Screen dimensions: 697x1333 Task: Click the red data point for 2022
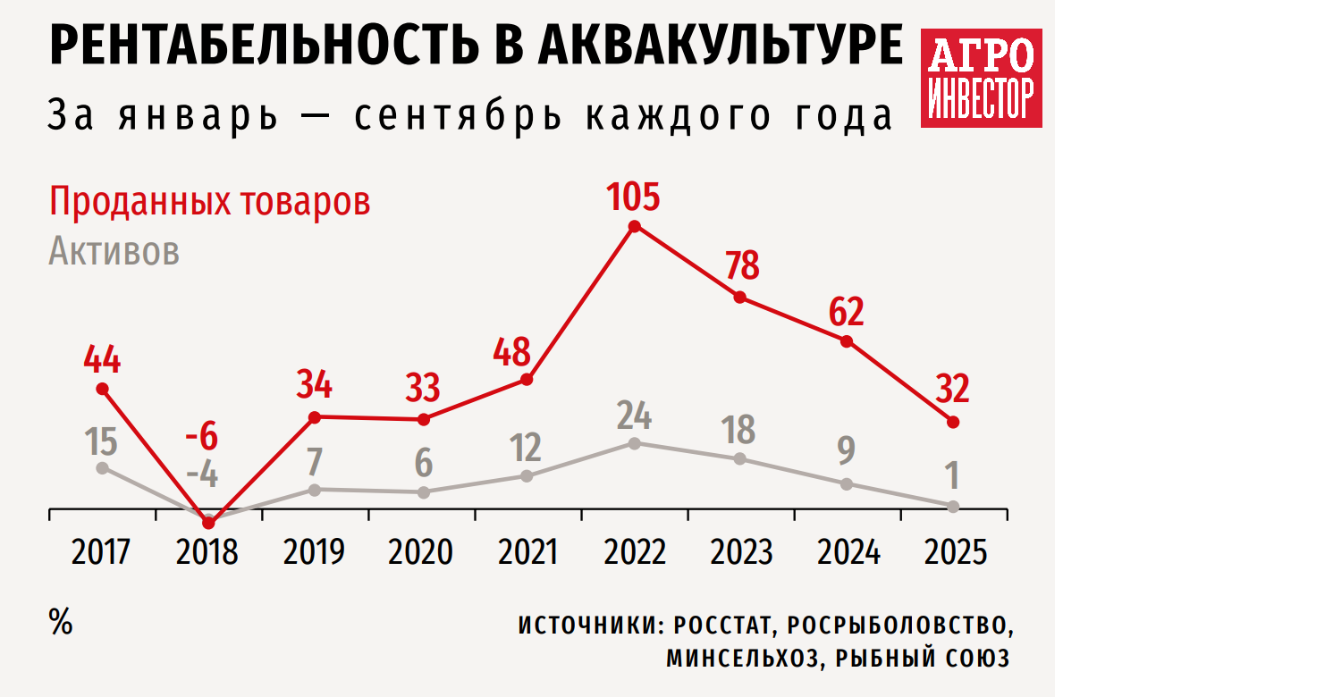click(x=635, y=226)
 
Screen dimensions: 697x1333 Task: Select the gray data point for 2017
click(x=102, y=467)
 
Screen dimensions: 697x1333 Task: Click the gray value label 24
click(x=634, y=416)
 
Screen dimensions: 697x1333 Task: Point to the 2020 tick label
click(x=421, y=552)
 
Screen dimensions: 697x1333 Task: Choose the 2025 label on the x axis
click(x=954, y=552)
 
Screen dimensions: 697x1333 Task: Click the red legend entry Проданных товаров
click(x=209, y=202)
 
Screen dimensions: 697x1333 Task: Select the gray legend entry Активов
click(x=114, y=252)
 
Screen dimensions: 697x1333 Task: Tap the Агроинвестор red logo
click(x=982, y=78)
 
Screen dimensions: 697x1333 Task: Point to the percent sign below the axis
click(x=61, y=624)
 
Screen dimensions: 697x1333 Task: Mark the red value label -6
click(x=201, y=438)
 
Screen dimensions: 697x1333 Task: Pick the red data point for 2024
click(x=847, y=340)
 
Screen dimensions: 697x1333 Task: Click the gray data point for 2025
click(x=954, y=506)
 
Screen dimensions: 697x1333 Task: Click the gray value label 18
click(x=738, y=430)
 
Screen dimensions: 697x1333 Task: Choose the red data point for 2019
click(x=314, y=416)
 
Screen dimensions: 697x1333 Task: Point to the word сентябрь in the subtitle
click(x=459, y=117)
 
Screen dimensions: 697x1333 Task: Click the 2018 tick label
click(x=207, y=552)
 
